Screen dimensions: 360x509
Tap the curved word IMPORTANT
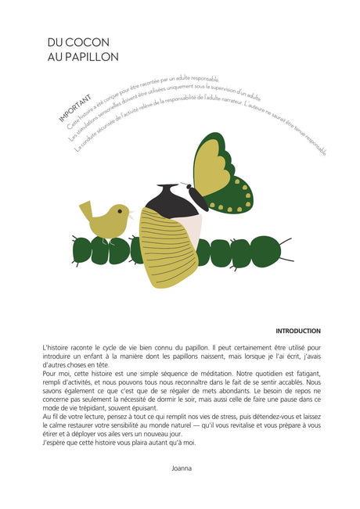point(75,109)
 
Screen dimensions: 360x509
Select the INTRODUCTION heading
point(297,331)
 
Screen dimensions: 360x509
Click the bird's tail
point(85,207)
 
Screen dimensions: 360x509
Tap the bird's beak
point(131,212)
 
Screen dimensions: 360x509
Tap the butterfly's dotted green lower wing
point(234,196)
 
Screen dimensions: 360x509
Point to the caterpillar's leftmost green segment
point(79,249)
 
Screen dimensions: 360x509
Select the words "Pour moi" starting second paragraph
point(56,374)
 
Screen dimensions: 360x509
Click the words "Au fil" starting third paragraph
point(52,417)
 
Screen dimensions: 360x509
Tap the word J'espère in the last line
point(55,443)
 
